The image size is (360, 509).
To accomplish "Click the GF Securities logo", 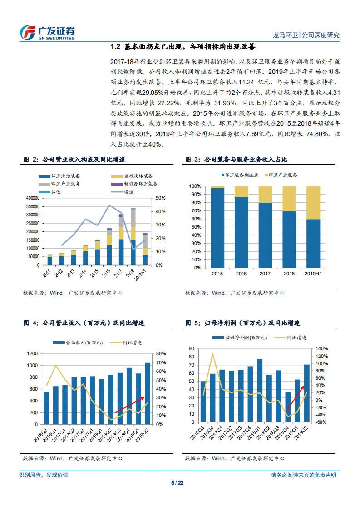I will [x=47, y=32].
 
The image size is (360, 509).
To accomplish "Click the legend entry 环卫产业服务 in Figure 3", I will [x=280, y=175].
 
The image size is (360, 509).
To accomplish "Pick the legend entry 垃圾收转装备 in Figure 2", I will [x=134, y=176].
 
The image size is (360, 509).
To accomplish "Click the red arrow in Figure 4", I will [x=130, y=405].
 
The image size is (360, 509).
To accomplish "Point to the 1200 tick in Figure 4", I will [x=32, y=354].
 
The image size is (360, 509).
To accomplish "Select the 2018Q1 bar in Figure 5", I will [x=260, y=392].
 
